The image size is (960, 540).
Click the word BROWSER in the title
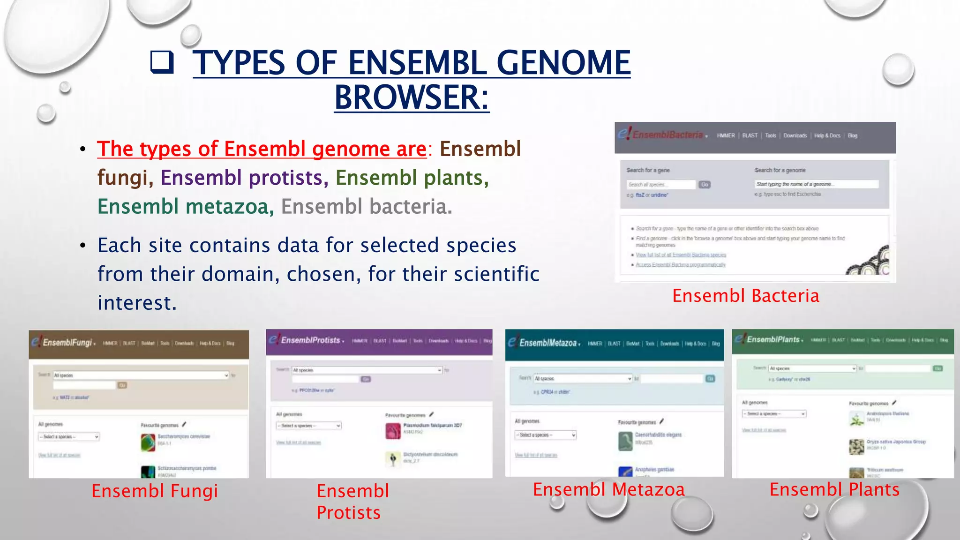(411, 97)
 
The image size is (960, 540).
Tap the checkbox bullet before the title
(162, 62)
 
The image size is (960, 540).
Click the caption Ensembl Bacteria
(745, 296)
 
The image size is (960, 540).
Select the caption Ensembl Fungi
(155, 491)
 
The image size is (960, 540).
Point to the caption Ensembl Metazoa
(608, 489)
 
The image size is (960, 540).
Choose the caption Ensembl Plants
(834, 489)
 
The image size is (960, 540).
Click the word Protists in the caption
(348, 512)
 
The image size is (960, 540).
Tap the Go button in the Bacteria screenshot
(705, 185)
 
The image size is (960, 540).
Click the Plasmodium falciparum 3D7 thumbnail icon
(393, 430)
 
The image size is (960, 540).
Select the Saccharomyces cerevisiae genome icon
(148, 442)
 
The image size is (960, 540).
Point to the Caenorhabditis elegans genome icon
(625, 441)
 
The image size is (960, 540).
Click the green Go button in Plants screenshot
(937, 368)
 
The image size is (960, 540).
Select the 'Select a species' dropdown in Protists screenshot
(308, 426)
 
